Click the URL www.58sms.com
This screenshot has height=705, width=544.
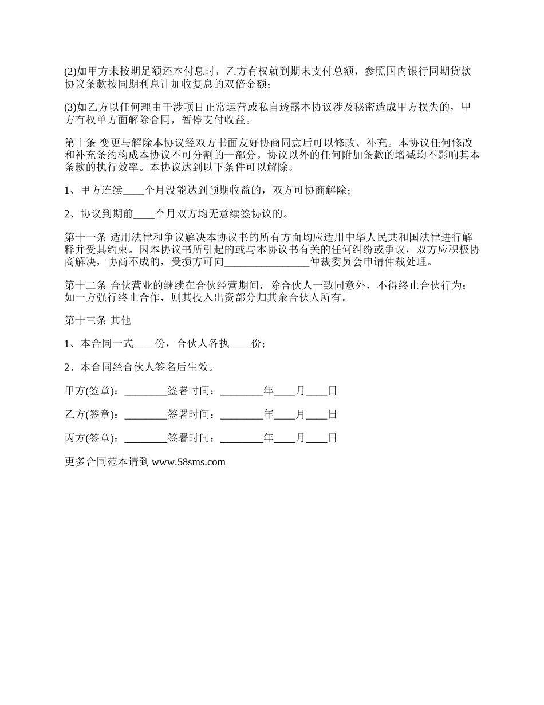(188, 462)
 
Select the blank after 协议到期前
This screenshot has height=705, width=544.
(144, 214)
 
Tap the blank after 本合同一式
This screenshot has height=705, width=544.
(144, 344)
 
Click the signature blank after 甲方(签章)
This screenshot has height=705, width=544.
(145, 391)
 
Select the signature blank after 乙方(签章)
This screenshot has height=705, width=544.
(145, 414)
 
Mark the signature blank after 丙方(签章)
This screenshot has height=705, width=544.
(145, 438)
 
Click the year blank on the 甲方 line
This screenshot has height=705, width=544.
(241, 391)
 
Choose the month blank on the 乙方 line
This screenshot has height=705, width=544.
(284, 414)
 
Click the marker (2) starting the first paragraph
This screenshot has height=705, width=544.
(70, 72)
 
